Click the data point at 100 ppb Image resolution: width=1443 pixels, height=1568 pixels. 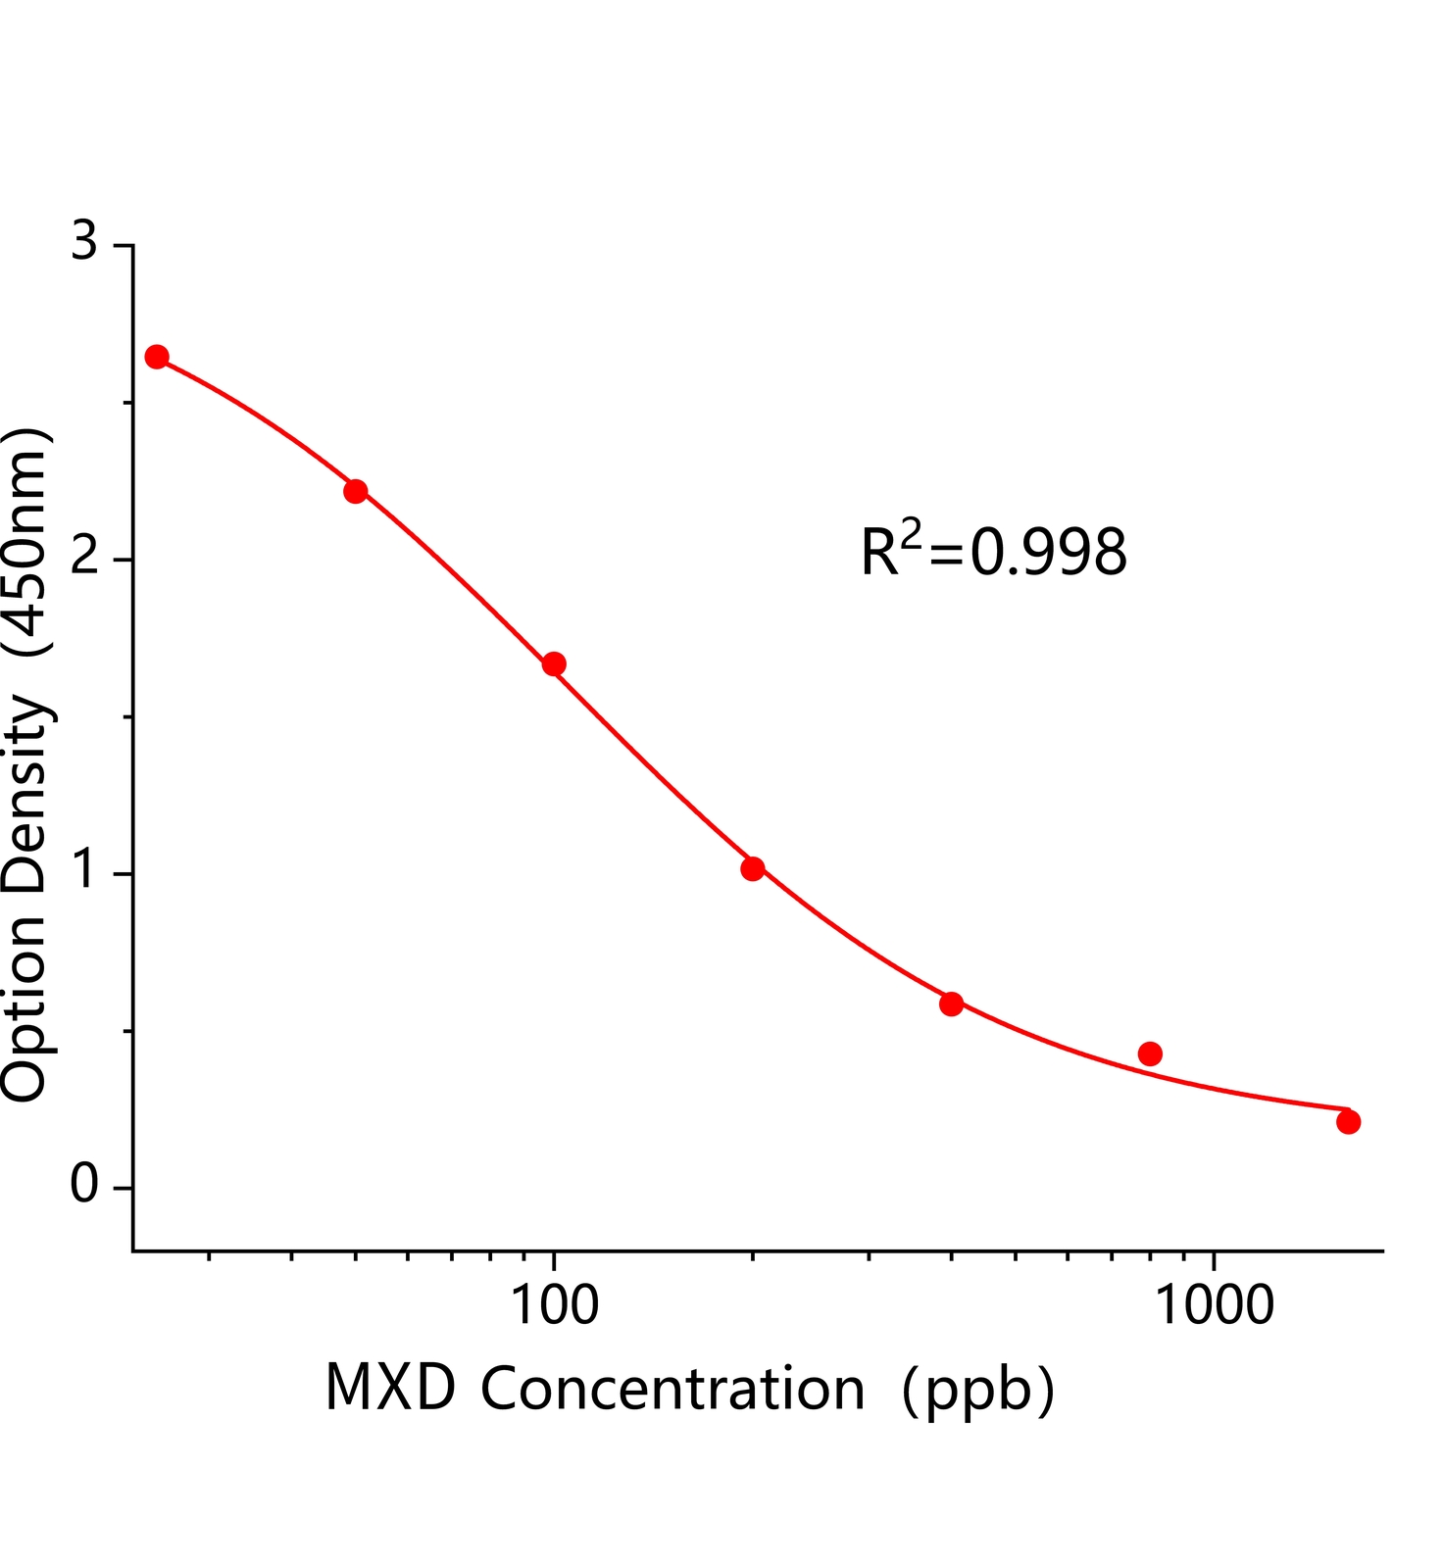click(x=554, y=664)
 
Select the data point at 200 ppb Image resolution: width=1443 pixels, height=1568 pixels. click(x=753, y=868)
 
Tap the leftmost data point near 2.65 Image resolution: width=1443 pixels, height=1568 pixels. click(x=157, y=357)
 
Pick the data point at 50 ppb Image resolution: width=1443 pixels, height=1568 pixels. click(x=356, y=491)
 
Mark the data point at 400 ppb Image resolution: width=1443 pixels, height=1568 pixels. click(x=951, y=1004)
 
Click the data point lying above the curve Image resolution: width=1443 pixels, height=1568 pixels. click(x=1150, y=1053)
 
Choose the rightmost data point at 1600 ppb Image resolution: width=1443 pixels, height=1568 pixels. click(x=1348, y=1122)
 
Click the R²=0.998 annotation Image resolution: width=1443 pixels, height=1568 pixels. click(x=993, y=552)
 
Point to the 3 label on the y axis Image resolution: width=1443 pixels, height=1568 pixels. click(x=85, y=241)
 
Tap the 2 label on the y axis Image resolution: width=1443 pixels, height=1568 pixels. click(x=85, y=557)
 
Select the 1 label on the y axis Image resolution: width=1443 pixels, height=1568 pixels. click(x=85, y=870)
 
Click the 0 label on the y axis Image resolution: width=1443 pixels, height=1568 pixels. click(x=85, y=1185)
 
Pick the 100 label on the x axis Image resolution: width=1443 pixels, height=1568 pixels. click(x=554, y=1305)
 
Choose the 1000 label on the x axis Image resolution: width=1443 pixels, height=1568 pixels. click(x=1216, y=1305)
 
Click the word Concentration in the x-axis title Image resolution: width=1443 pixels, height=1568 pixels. click(x=672, y=1389)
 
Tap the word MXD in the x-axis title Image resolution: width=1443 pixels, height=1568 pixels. click(x=390, y=1389)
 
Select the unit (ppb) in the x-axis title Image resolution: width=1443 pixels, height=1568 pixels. click(x=977, y=1391)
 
